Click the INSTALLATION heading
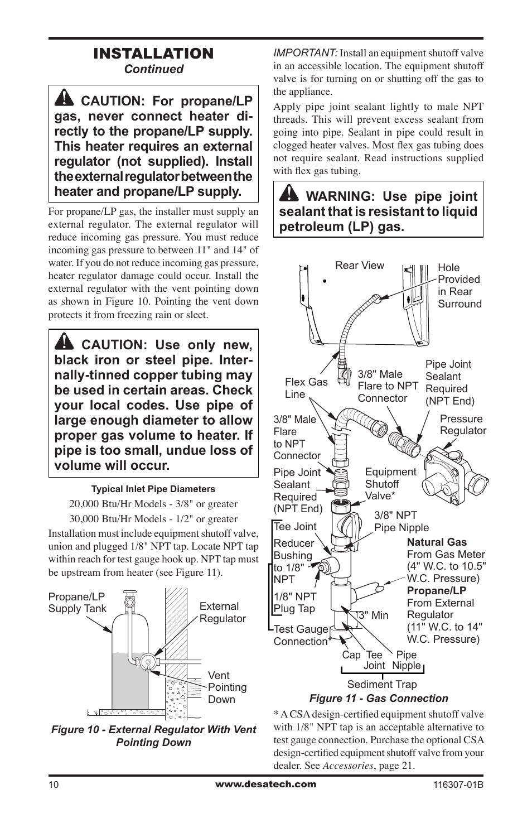click(153, 54)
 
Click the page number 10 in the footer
click(54, 785)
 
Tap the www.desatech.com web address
click(265, 784)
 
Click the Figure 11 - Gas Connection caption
click(378, 698)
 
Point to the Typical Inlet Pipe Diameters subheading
click(153, 489)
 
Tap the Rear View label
click(359, 266)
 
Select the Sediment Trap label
click(381, 684)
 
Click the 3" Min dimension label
click(373, 615)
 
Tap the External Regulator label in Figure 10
click(222, 612)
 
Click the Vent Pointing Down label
click(226, 687)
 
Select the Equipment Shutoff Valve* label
click(390, 484)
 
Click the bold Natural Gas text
click(437, 542)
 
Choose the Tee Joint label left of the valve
click(295, 526)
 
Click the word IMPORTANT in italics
click(304, 52)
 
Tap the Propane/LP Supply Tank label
click(77, 603)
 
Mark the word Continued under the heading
click(153, 69)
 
